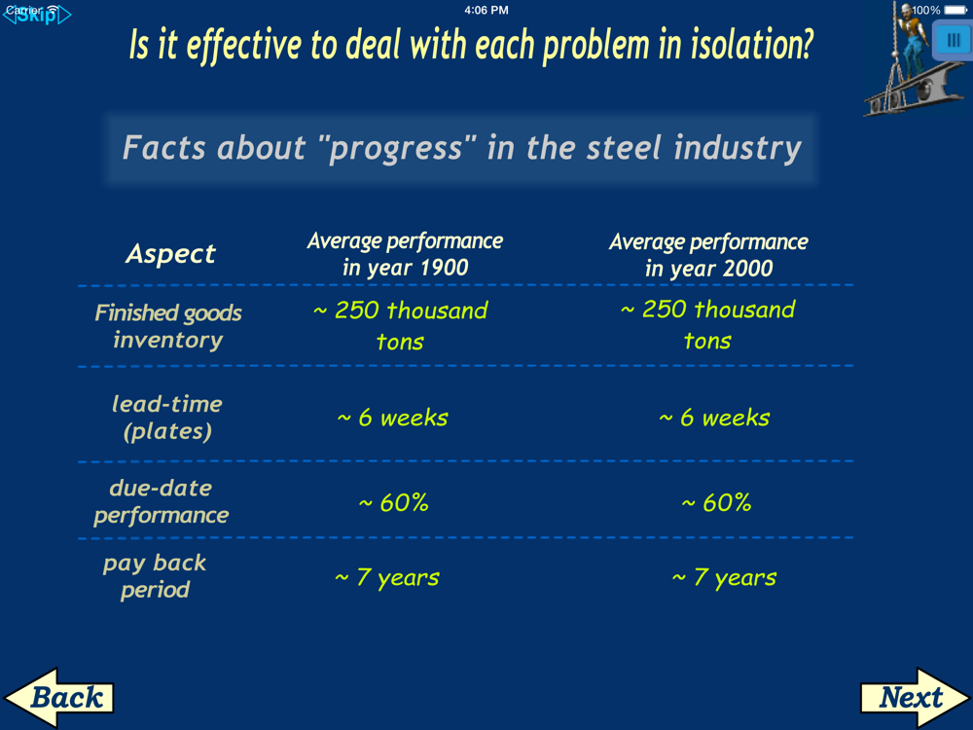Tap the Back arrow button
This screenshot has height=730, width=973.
(59, 697)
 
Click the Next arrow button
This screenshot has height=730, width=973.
(915, 697)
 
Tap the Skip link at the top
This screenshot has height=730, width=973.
(37, 15)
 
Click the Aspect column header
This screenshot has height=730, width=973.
(170, 253)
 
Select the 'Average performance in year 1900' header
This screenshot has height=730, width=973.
(405, 254)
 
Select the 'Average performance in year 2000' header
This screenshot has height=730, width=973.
(708, 254)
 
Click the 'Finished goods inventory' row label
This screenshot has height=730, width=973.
(168, 326)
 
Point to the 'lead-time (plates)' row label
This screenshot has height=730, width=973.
(167, 418)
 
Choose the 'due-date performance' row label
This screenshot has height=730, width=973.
(162, 501)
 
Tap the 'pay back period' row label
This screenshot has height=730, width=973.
(155, 576)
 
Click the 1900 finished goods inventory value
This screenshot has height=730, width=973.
(400, 325)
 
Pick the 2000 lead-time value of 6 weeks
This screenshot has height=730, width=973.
(714, 418)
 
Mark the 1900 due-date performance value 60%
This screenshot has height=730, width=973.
(393, 502)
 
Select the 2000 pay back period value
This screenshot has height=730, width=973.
(724, 577)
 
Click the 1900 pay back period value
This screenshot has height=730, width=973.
(387, 577)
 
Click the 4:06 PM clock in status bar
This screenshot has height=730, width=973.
(486, 10)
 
